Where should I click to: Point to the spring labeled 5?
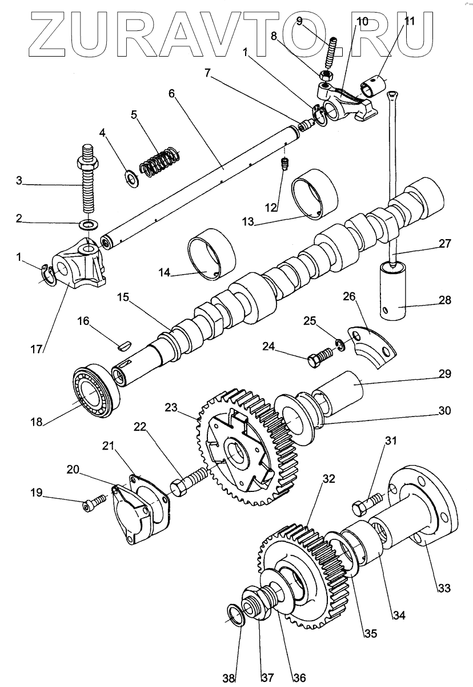(x=161, y=161)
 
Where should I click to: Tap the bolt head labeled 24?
(x=314, y=361)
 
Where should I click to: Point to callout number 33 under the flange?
(x=445, y=587)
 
